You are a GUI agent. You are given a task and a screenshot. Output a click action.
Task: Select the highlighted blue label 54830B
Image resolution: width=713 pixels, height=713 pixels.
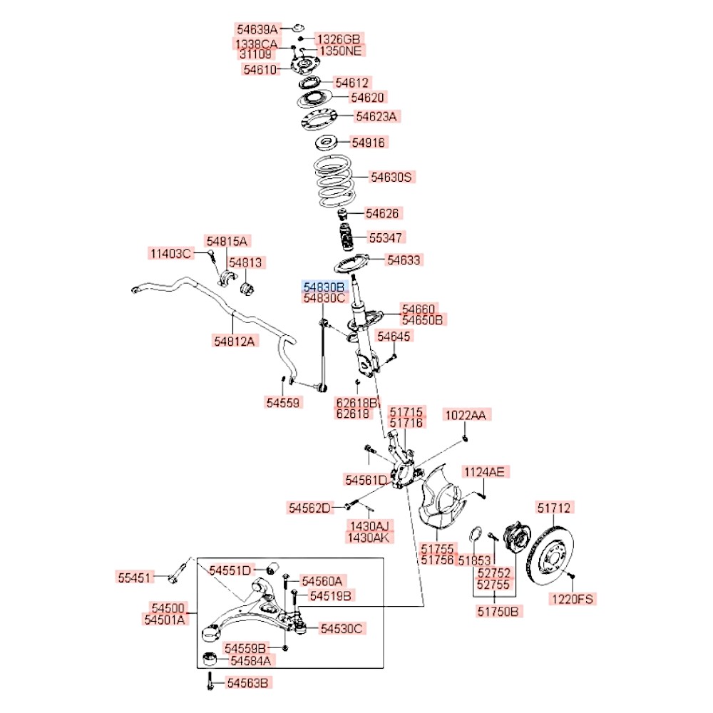click(x=325, y=286)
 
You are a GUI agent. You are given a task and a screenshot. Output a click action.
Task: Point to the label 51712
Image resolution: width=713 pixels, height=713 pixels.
click(x=555, y=508)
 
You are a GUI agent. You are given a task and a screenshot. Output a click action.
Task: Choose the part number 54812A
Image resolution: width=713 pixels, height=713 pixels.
click(x=234, y=341)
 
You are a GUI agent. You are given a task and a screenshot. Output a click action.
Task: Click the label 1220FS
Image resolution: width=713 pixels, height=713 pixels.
click(x=572, y=599)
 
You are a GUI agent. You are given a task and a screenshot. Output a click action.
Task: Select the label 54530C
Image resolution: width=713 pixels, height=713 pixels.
click(x=342, y=628)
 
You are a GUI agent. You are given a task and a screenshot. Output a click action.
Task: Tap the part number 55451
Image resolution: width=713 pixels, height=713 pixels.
click(x=135, y=576)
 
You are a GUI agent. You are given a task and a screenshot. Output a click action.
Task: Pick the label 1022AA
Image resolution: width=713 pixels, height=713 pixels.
click(x=468, y=415)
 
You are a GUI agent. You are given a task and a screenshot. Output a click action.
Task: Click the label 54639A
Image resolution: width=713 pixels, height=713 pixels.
click(x=257, y=30)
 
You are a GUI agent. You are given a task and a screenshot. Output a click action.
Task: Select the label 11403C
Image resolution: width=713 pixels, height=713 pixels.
click(x=170, y=253)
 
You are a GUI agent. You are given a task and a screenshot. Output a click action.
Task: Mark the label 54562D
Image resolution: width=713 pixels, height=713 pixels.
click(x=310, y=508)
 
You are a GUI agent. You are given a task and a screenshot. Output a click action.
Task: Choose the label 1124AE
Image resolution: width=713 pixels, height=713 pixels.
click(x=485, y=471)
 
